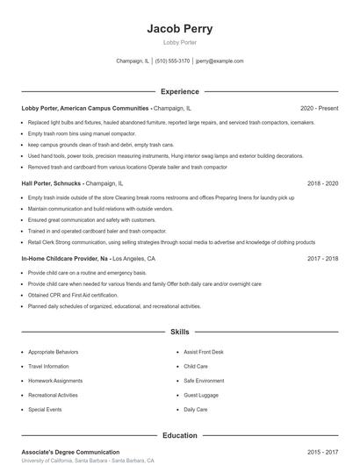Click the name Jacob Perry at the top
[x=179, y=28]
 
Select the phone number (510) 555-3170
[x=173, y=61]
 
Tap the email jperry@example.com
[x=220, y=61]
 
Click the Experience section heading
[x=179, y=91]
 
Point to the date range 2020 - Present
[x=319, y=108]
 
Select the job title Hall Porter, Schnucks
[x=52, y=184]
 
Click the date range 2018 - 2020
[x=322, y=184]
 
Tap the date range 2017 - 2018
[x=322, y=260]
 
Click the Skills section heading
[x=179, y=333]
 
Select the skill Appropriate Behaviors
[x=53, y=351]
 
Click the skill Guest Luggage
[x=202, y=395]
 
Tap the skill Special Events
[x=45, y=410]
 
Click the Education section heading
[x=179, y=435]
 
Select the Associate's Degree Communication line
[x=70, y=452]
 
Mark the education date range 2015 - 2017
[x=322, y=452]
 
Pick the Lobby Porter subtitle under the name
[x=179, y=42]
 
